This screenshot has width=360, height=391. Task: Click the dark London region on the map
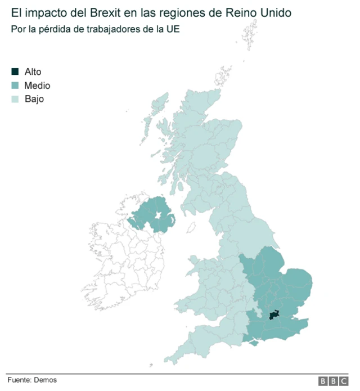tap(275, 315)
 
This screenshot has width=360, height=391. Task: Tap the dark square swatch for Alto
tap(15, 71)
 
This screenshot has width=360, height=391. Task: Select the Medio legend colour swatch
tap(15, 86)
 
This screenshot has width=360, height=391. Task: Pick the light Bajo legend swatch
tap(15, 99)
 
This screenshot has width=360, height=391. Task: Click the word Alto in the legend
tap(33, 71)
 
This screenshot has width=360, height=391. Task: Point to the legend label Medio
tap(37, 86)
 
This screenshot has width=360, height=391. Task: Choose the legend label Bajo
tap(34, 99)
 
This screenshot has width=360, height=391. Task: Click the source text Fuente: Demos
tap(32, 380)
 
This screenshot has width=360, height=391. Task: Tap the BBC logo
tap(333, 381)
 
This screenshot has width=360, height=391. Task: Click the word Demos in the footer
tap(46, 380)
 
